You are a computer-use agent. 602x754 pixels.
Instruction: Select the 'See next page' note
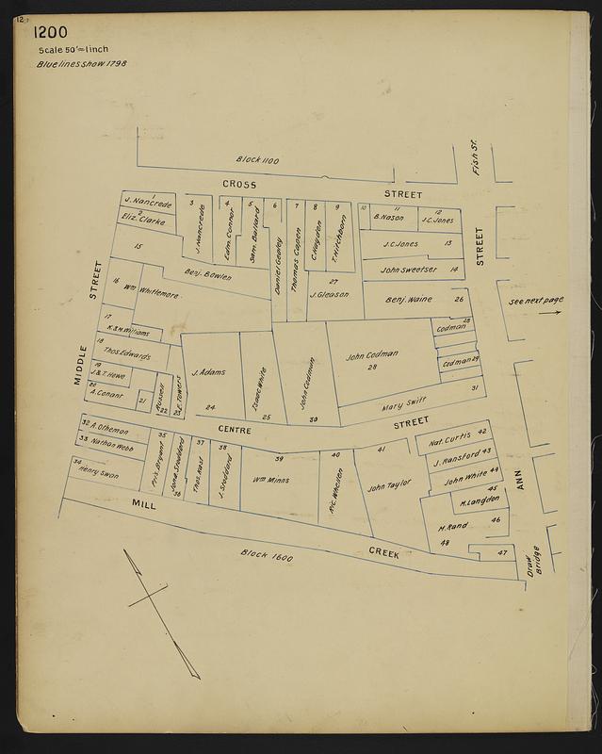pos(534,301)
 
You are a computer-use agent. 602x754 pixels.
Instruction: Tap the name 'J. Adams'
pos(207,371)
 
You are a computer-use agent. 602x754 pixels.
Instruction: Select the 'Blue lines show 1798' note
pos(83,64)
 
